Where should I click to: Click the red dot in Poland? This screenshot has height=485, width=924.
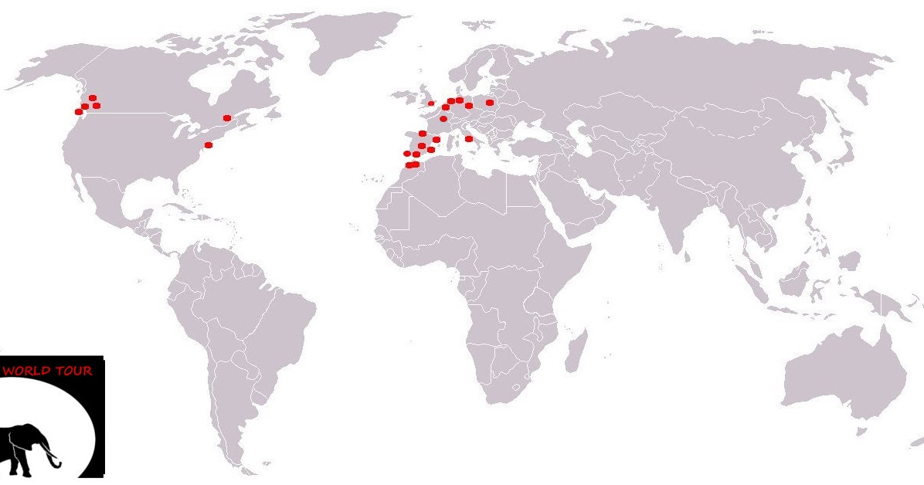coord(490,102)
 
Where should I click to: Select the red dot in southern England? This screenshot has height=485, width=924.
coord(431,103)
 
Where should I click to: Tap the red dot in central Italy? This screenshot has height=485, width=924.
coord(468,139)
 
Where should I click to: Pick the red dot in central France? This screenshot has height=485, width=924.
coord(443,118)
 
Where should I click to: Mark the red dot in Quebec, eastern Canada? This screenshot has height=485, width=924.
coord(227,118)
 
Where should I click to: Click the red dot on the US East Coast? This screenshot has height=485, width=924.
coord(208,144)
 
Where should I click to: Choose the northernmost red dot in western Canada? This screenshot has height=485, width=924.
coord(93,98)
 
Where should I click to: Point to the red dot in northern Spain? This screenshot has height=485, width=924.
coord(423,134)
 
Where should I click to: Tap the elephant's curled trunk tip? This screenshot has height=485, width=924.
coord(59,464)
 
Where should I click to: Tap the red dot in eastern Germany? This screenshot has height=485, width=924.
coord(469,106)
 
